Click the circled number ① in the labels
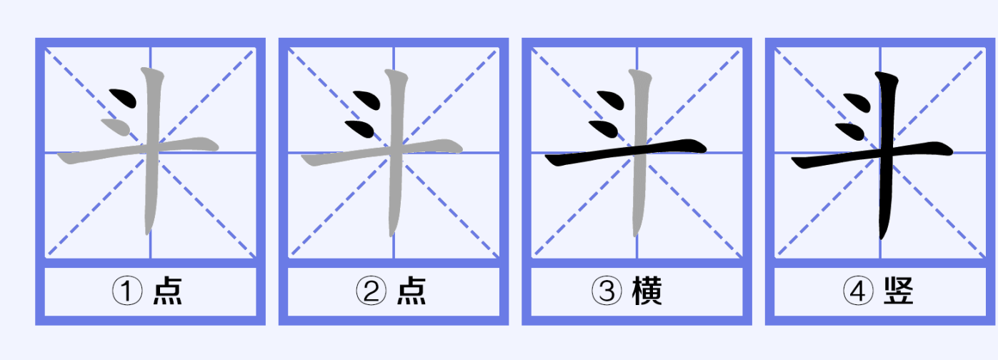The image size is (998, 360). coord(127,291)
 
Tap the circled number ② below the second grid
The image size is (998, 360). coord(371,291)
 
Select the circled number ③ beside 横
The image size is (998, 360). coord(607,291)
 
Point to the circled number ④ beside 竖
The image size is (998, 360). coord(858,291)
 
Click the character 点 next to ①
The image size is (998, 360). coord(168,291)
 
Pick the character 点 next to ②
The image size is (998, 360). coord(411,291)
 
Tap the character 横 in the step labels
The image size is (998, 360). coord(647,291)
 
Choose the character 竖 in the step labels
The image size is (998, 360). coord(899,291)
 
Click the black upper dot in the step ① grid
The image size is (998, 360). coord(124,98)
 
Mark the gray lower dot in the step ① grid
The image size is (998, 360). coord(116,127)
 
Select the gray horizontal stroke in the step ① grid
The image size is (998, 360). coord(138,150)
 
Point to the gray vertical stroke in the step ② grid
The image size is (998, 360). coord(396,151)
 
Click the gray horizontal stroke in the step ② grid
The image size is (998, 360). coord(381,152)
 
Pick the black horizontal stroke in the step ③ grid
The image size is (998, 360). coord(626,152)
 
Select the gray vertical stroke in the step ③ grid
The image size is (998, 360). coord(639,151)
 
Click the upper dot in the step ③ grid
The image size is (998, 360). coord(611,100)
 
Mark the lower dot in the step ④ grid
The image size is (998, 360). coord(850,131)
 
